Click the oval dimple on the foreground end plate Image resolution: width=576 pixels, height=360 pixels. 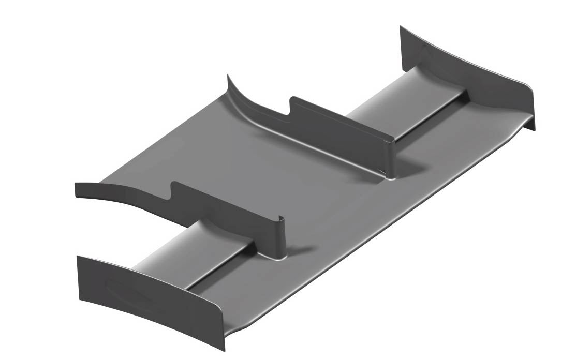pos(129,293)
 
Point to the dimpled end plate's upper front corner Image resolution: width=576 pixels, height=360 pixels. pos(78,257)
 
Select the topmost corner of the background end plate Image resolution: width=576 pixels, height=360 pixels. pos(401,26)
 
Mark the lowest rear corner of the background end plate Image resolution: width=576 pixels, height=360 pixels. pos(535,129)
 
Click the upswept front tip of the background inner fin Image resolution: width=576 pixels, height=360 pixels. pos(228,78)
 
